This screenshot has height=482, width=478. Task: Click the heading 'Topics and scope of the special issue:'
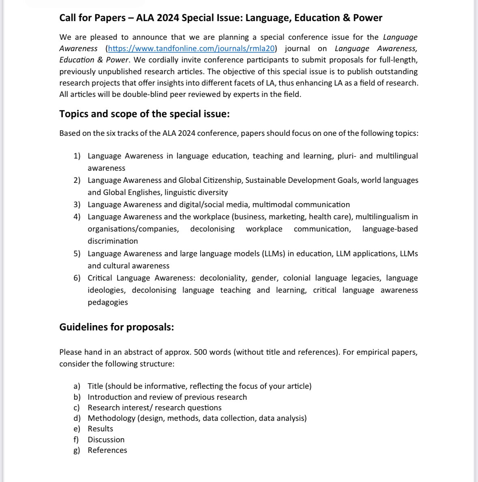coord(144,114)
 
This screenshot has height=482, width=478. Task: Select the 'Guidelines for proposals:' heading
coord(116,327)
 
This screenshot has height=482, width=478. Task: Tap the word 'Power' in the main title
coord(368,18)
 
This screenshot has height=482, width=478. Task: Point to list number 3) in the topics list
coord(77,205)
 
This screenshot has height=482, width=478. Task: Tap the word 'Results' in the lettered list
coord(101,429)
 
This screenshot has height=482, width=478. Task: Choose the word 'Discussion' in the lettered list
coord(106,440)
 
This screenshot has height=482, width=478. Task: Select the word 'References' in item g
coord(107,450)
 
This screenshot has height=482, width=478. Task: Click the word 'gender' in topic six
coord(264,278)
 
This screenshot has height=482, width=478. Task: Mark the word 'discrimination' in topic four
coord(113,241)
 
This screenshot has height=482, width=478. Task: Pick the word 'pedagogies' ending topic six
coord(108,302)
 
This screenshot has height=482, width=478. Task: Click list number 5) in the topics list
coord(77,254)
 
